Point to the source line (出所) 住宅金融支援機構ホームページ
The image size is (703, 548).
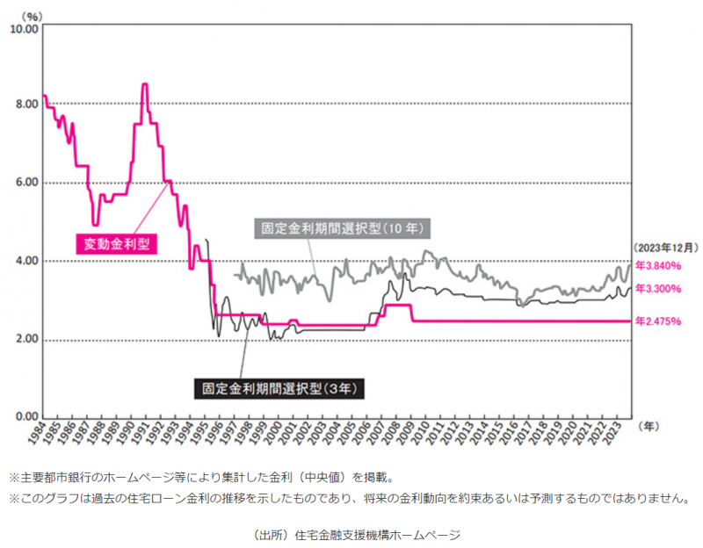[x=351, y=533]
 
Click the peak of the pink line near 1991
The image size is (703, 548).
[x=144, y=84]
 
